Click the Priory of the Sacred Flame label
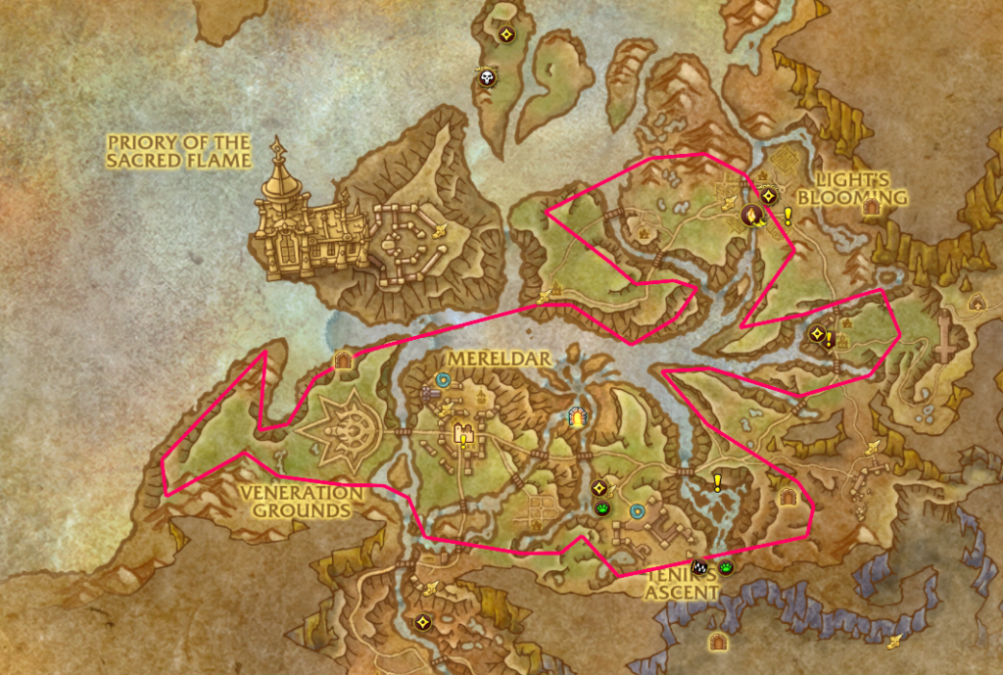click(x=179, y=151)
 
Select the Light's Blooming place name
click(x=852, y=189)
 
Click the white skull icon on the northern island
click(x=486, y=77)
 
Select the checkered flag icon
click(x=698, y=566)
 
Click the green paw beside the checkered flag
click(x=726, y=567)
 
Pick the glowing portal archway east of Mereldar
click(x=579, y=418)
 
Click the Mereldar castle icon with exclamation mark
click(x=460, y=431)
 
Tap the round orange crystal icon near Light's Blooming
click(x=751, y=217)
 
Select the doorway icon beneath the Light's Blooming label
click(x=869, y=208)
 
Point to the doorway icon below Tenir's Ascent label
click(x=719, y=642)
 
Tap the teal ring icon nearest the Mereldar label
click(x=443, y=377)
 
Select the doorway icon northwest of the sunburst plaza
click(x=343, y=360)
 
